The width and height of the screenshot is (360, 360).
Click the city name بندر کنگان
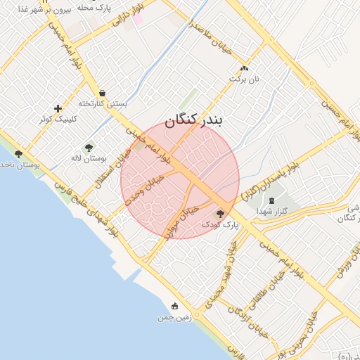click(x=193, y=121)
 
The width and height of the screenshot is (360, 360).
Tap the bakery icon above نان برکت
click(x=244, y=69)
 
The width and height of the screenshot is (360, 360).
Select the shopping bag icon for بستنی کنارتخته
click(x=103, y=93)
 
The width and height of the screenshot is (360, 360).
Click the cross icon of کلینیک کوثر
click(x=58, y=108)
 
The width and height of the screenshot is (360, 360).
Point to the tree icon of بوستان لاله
click(x=88, y=148)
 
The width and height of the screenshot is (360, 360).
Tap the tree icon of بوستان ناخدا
click(x=18, y=154)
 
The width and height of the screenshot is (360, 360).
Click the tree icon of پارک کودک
click(x=220, y=214)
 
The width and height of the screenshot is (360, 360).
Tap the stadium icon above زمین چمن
click(x=174, y=307)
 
